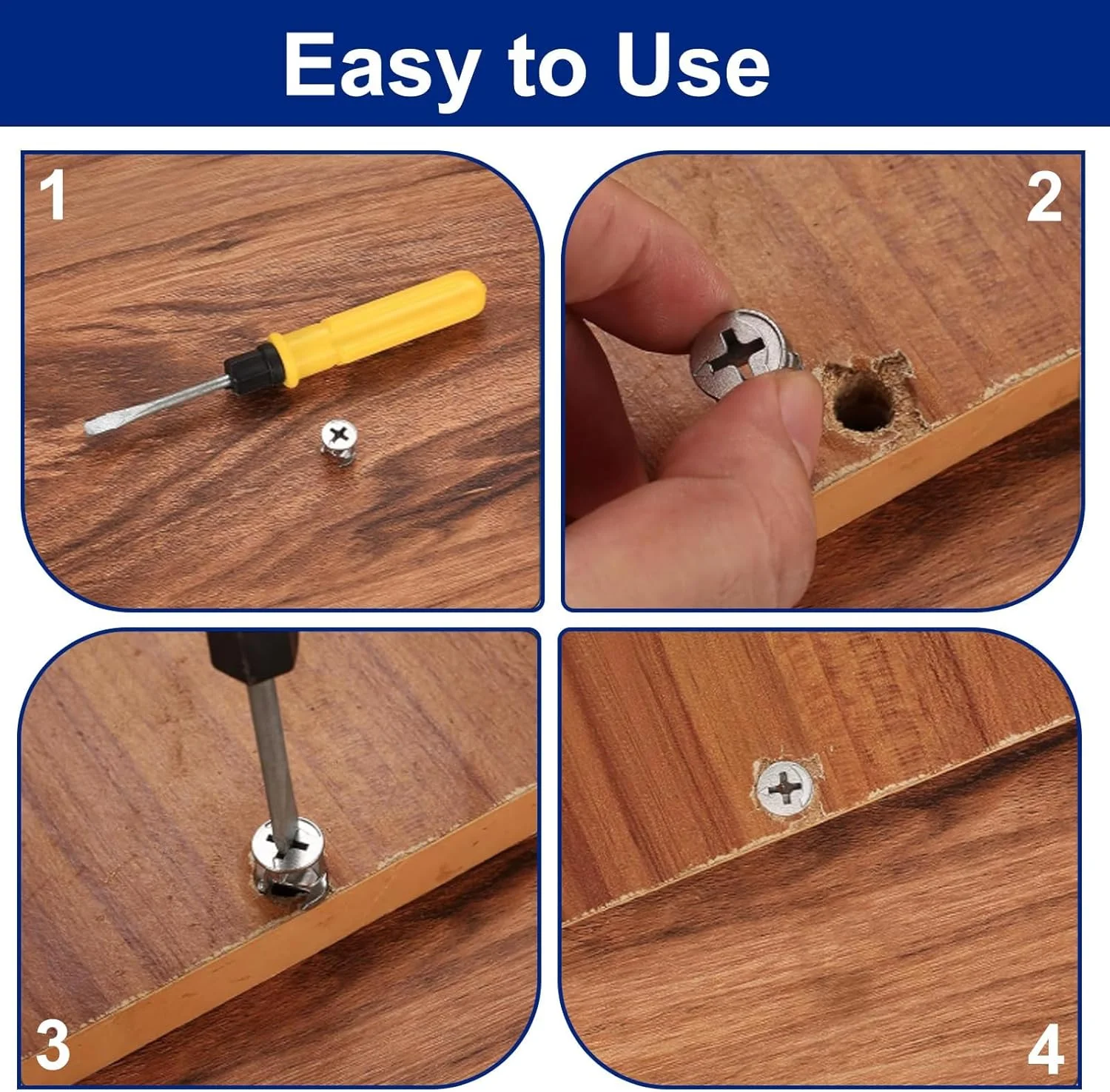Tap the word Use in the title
693,65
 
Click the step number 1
53,195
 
